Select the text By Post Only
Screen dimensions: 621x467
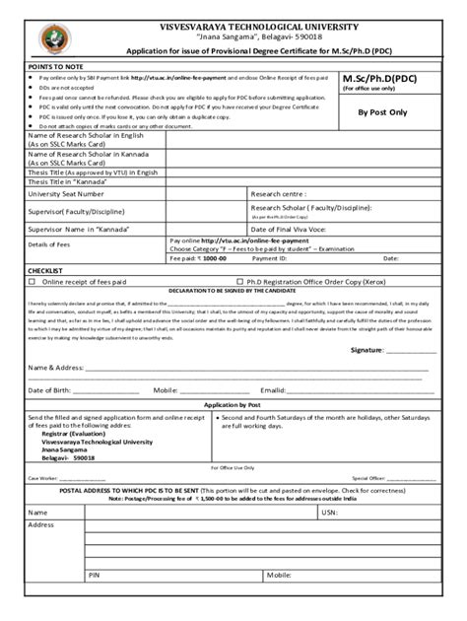click(382, 114)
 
